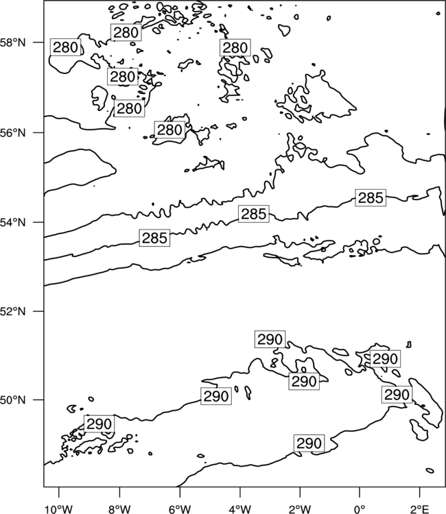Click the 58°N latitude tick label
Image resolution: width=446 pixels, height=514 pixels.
(x=12, y=42)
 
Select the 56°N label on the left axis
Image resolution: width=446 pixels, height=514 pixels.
(x=12, y=133)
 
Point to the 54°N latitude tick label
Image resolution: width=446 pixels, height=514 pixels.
(x=12, y=223)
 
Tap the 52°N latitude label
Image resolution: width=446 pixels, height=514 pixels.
(x=12, y=311)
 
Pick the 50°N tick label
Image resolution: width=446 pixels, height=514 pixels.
(x=12, y=400)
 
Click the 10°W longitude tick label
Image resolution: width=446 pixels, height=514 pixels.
(x=59, y=509)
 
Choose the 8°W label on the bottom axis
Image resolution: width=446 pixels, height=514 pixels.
(x=119, y=509)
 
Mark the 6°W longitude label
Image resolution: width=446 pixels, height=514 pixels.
(x=180, y=509)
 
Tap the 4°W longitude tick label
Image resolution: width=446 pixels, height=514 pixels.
(x=239, y=509)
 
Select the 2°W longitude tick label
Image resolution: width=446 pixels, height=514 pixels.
(x=300, y=509)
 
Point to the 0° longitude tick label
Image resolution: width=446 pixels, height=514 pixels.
(x=360, y=509)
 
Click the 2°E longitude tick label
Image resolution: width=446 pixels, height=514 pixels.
(x=420, y=509)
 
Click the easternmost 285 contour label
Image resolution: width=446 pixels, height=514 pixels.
(x=371, y=197)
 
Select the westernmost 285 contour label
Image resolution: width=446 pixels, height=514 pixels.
(x=154, y=238)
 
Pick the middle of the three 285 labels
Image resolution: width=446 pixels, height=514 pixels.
(x=254, y=214)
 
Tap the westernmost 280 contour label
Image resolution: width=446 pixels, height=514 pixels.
(x=65, y=47)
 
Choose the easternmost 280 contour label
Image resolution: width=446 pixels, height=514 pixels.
(x=235, y=48)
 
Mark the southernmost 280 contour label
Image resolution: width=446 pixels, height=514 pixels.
(x=169, y=130)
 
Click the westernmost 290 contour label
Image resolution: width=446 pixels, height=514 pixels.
(x=99, y=424)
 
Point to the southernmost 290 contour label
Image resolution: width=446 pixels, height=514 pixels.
(x=309, y=443)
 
